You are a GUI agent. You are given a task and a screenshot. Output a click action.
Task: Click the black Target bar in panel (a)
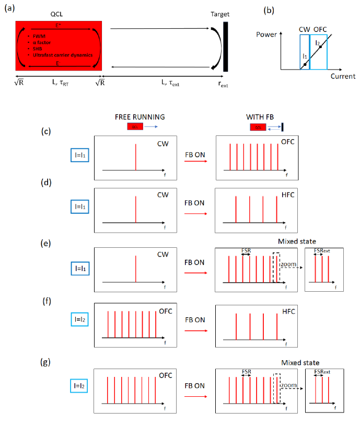click(x=226, y=46)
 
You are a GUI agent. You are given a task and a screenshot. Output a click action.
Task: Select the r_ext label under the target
click(x=224, y=84)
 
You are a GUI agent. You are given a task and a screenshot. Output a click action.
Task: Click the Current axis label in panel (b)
click(x=343, y=76)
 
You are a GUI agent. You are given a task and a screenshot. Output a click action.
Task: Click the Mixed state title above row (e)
click(x=299, y=241)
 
